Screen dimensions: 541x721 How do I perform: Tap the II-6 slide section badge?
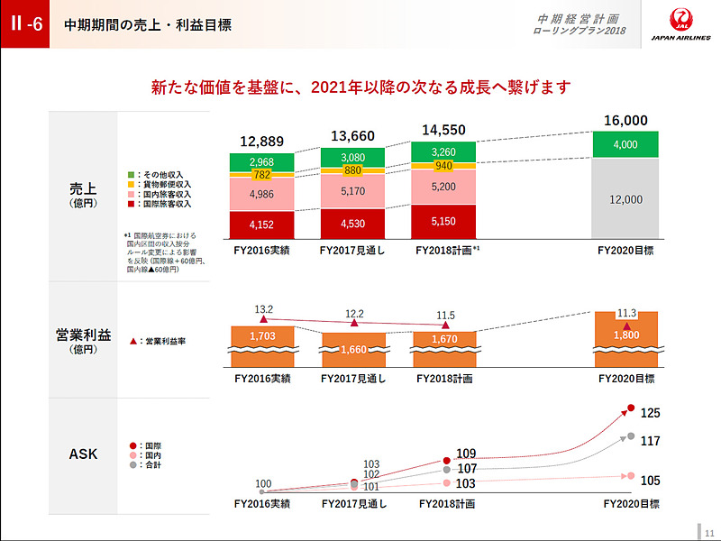pyautogui.click(x=25, y=24)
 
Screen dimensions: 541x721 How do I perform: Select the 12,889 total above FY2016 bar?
pyautogui.click(x=262, y=142)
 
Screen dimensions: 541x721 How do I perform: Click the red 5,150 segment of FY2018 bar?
pyautogui.click(x=444, y=221)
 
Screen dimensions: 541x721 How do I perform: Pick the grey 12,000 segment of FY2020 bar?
pyautogui.click(x=625, y=199)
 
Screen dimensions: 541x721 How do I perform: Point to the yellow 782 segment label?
pyautogui.click(x=262, y=174)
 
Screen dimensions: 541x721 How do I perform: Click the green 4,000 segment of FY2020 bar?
pyautogui.click(x=625, y=144)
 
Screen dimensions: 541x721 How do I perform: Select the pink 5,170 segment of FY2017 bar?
pyautogui.click(x=353, y=191)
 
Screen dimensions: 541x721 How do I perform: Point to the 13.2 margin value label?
pyautogui.click(x=263, y=308)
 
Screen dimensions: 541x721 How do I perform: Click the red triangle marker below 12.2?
pyautogui.click(x=354, y=323)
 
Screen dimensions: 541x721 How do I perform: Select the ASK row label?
pyautogui.click(x=83, y=454)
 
